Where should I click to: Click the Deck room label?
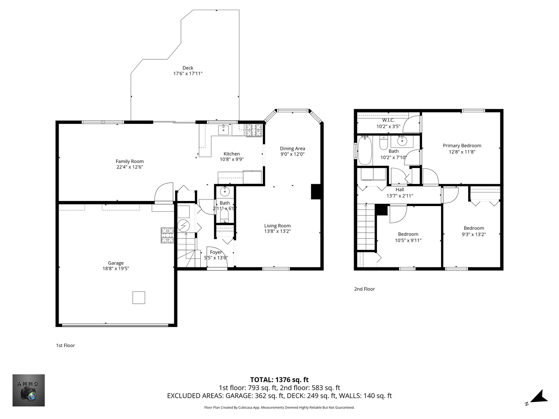(x=188, y=68)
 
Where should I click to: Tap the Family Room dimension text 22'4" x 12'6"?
(x=130, y=167)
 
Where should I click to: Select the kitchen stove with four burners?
(x=254, y=130)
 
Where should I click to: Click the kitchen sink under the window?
(x=224, y=130)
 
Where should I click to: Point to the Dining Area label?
(x=292, y=148)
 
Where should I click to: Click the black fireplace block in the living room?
(x=316, y=192)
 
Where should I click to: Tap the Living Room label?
(x=277, y=226)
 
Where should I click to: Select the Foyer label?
(x=216, y=252)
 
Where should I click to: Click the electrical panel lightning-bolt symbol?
(x=183, y=225)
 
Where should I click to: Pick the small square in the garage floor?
(x=139, y=298)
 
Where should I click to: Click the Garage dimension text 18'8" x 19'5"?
(x=116, y=268)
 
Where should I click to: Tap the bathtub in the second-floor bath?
(x=365, y=150)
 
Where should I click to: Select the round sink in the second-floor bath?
(x=402, y=141)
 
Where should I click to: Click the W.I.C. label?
(x=388, y=120)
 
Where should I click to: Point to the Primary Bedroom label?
(x=462, y=146)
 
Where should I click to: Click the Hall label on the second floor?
(x=399, y=190)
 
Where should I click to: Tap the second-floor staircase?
(x=366, y=227)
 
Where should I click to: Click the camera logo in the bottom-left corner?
(x=29, y=390)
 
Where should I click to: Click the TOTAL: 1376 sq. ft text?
(x=279, y=380)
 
